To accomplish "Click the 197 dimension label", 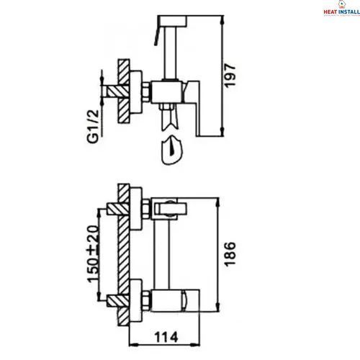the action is (230, 75).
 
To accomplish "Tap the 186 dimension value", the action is (230, 254).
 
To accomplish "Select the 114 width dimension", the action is (166, 337).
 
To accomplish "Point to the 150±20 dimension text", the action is (93, 254).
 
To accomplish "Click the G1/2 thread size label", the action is (93, 127).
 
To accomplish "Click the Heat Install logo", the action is (341, 9).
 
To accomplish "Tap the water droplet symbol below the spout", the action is (172, 150).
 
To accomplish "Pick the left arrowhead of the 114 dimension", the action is (133, 345).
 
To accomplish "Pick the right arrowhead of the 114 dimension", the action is (195, 345).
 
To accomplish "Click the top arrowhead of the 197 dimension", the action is (222, 20).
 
